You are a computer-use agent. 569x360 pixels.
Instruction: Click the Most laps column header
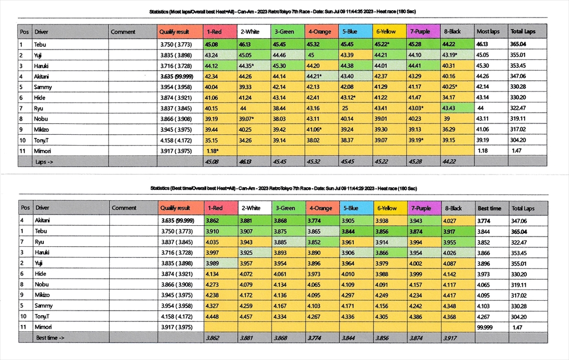pyautogui.click(x=488, y=32)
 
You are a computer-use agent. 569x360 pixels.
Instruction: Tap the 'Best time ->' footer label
pyautogui.click(x=50, y=338)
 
